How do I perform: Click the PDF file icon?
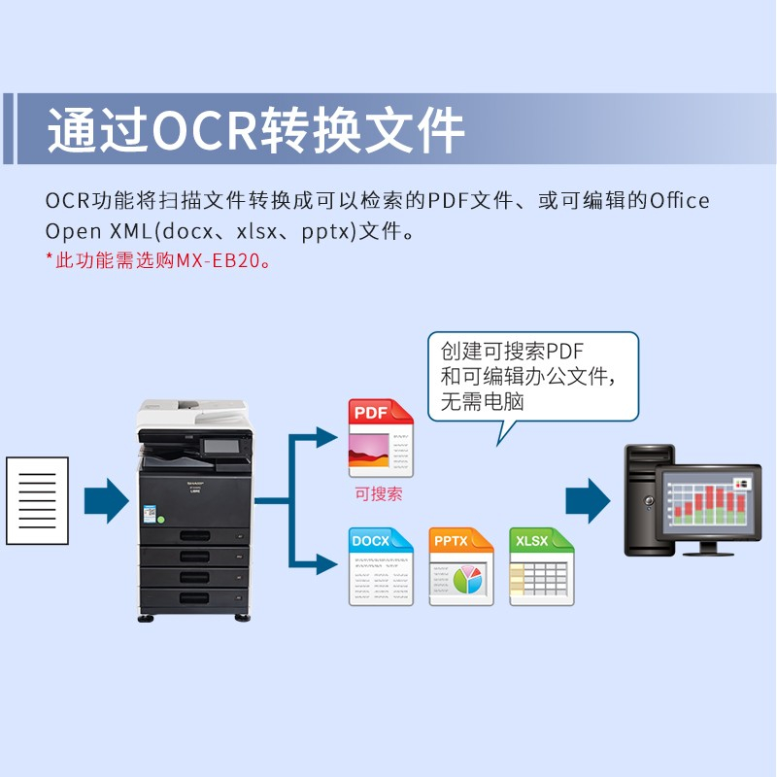tap(381, 438)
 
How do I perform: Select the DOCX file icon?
tap(381, 566)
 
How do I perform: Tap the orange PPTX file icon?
tap(461, 566)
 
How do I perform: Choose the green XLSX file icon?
tap(542, 566)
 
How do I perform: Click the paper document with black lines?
tap(37, 500)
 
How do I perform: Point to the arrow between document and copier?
tap(107, 500)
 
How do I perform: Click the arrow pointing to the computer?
tap(588, 500)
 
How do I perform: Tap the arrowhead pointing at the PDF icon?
tap(327, 438)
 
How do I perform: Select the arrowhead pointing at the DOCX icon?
tap(327, 564)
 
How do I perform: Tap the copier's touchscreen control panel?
tap(221, 447)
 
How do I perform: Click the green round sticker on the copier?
tap(160, 520)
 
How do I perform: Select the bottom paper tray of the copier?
tap(194, 599)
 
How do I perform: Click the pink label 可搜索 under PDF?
tap(379, 494)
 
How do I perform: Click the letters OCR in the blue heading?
tap(204, 130)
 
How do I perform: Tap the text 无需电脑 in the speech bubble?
tap(482, 401)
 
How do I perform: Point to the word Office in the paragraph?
tap(679, 201)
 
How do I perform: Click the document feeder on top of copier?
tap(193, 411)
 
